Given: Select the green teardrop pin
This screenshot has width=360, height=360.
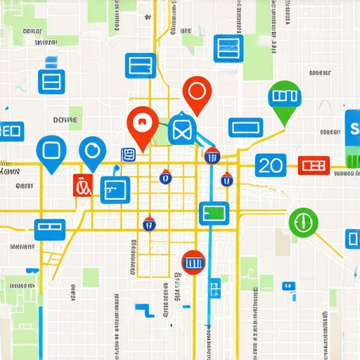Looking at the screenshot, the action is [285, 96].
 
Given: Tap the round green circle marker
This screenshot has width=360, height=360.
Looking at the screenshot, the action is [303, 222].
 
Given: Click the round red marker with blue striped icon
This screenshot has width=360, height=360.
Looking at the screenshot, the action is [193, 262].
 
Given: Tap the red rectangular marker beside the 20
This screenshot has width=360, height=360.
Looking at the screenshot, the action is [314, 165].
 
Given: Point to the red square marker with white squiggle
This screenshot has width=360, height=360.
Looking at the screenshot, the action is [82, 185].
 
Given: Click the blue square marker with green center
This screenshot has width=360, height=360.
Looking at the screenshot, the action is [214, 213].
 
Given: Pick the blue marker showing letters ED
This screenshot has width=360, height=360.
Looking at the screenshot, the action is [11, 131].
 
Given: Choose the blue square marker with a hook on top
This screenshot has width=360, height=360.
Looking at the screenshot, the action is [115, 188].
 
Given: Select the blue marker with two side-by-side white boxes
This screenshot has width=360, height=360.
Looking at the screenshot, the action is [50, 229].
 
